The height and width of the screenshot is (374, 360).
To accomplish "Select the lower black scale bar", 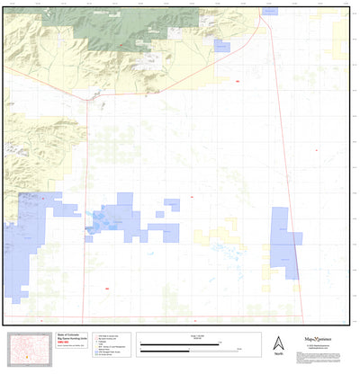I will point(193,351).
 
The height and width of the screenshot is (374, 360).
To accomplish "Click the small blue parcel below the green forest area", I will point(220,46).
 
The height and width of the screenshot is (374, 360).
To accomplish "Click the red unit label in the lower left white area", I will point(106,288).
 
